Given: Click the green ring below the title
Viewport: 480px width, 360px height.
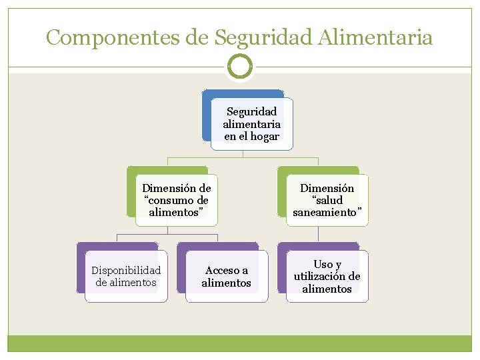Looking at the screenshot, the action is tap(240, 67).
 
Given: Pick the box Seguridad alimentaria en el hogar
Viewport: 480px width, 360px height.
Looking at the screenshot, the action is tap(251, 123).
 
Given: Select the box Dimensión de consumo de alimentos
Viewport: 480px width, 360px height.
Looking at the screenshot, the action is tap(176, 200).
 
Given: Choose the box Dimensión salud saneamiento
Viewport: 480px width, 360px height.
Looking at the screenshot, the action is tap(327, 200).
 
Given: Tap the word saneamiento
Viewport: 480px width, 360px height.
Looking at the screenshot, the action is tap(327, 212).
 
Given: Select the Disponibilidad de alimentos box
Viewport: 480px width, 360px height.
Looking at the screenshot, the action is tap(126, 276).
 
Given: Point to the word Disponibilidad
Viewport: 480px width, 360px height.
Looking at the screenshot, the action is tap(126, 270).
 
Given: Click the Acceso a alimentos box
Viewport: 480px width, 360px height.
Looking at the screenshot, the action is tap(226, 276).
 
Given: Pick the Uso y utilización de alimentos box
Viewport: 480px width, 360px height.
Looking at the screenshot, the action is tap(327, 276).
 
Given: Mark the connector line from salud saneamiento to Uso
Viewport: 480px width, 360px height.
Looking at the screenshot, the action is tap(319, 233).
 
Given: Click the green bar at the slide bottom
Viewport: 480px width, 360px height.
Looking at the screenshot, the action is tap(240, 343).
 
